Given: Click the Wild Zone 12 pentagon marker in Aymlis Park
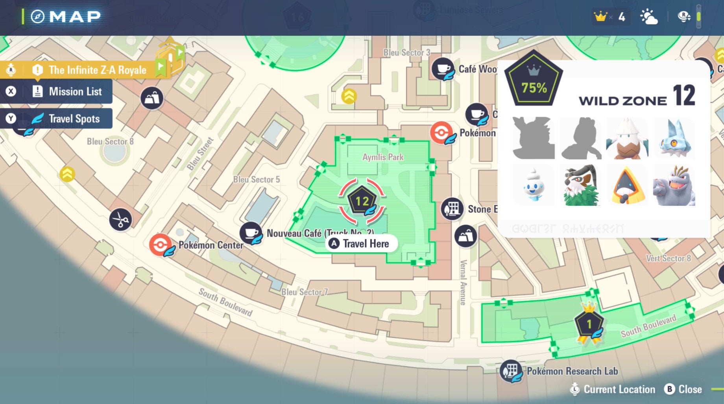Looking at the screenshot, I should pos(362,201).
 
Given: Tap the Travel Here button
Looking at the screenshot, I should pos(362,244).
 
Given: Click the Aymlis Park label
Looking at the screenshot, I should pos(383,157).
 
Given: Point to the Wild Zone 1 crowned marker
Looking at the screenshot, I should pos(589,324).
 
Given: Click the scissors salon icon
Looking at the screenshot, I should pos(120,220).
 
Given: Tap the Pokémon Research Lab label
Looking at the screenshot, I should pos(572,371).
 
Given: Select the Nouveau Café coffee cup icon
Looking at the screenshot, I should pos(251,233).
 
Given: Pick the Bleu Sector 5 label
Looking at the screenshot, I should pos(257,180).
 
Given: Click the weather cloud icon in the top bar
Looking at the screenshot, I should pos(648,17).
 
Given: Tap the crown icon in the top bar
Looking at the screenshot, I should pos(601,17).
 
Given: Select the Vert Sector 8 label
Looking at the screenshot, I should pos(668,259).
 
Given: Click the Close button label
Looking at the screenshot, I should pos(690,389).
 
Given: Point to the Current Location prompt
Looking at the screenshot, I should pos(619,389).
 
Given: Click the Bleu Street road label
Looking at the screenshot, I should pos(200,154).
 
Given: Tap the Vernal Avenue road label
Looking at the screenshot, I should pos(464,282).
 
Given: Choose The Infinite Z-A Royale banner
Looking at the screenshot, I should pos(97,70).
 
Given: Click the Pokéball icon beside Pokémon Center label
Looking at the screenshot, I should pos(160,244).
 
